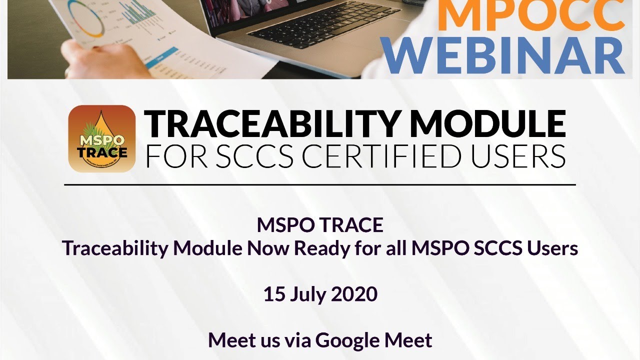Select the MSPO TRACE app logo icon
102,138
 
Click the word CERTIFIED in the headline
379,156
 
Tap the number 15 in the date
274,294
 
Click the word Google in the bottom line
347,340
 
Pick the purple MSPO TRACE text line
320,225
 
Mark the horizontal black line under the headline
320,184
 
